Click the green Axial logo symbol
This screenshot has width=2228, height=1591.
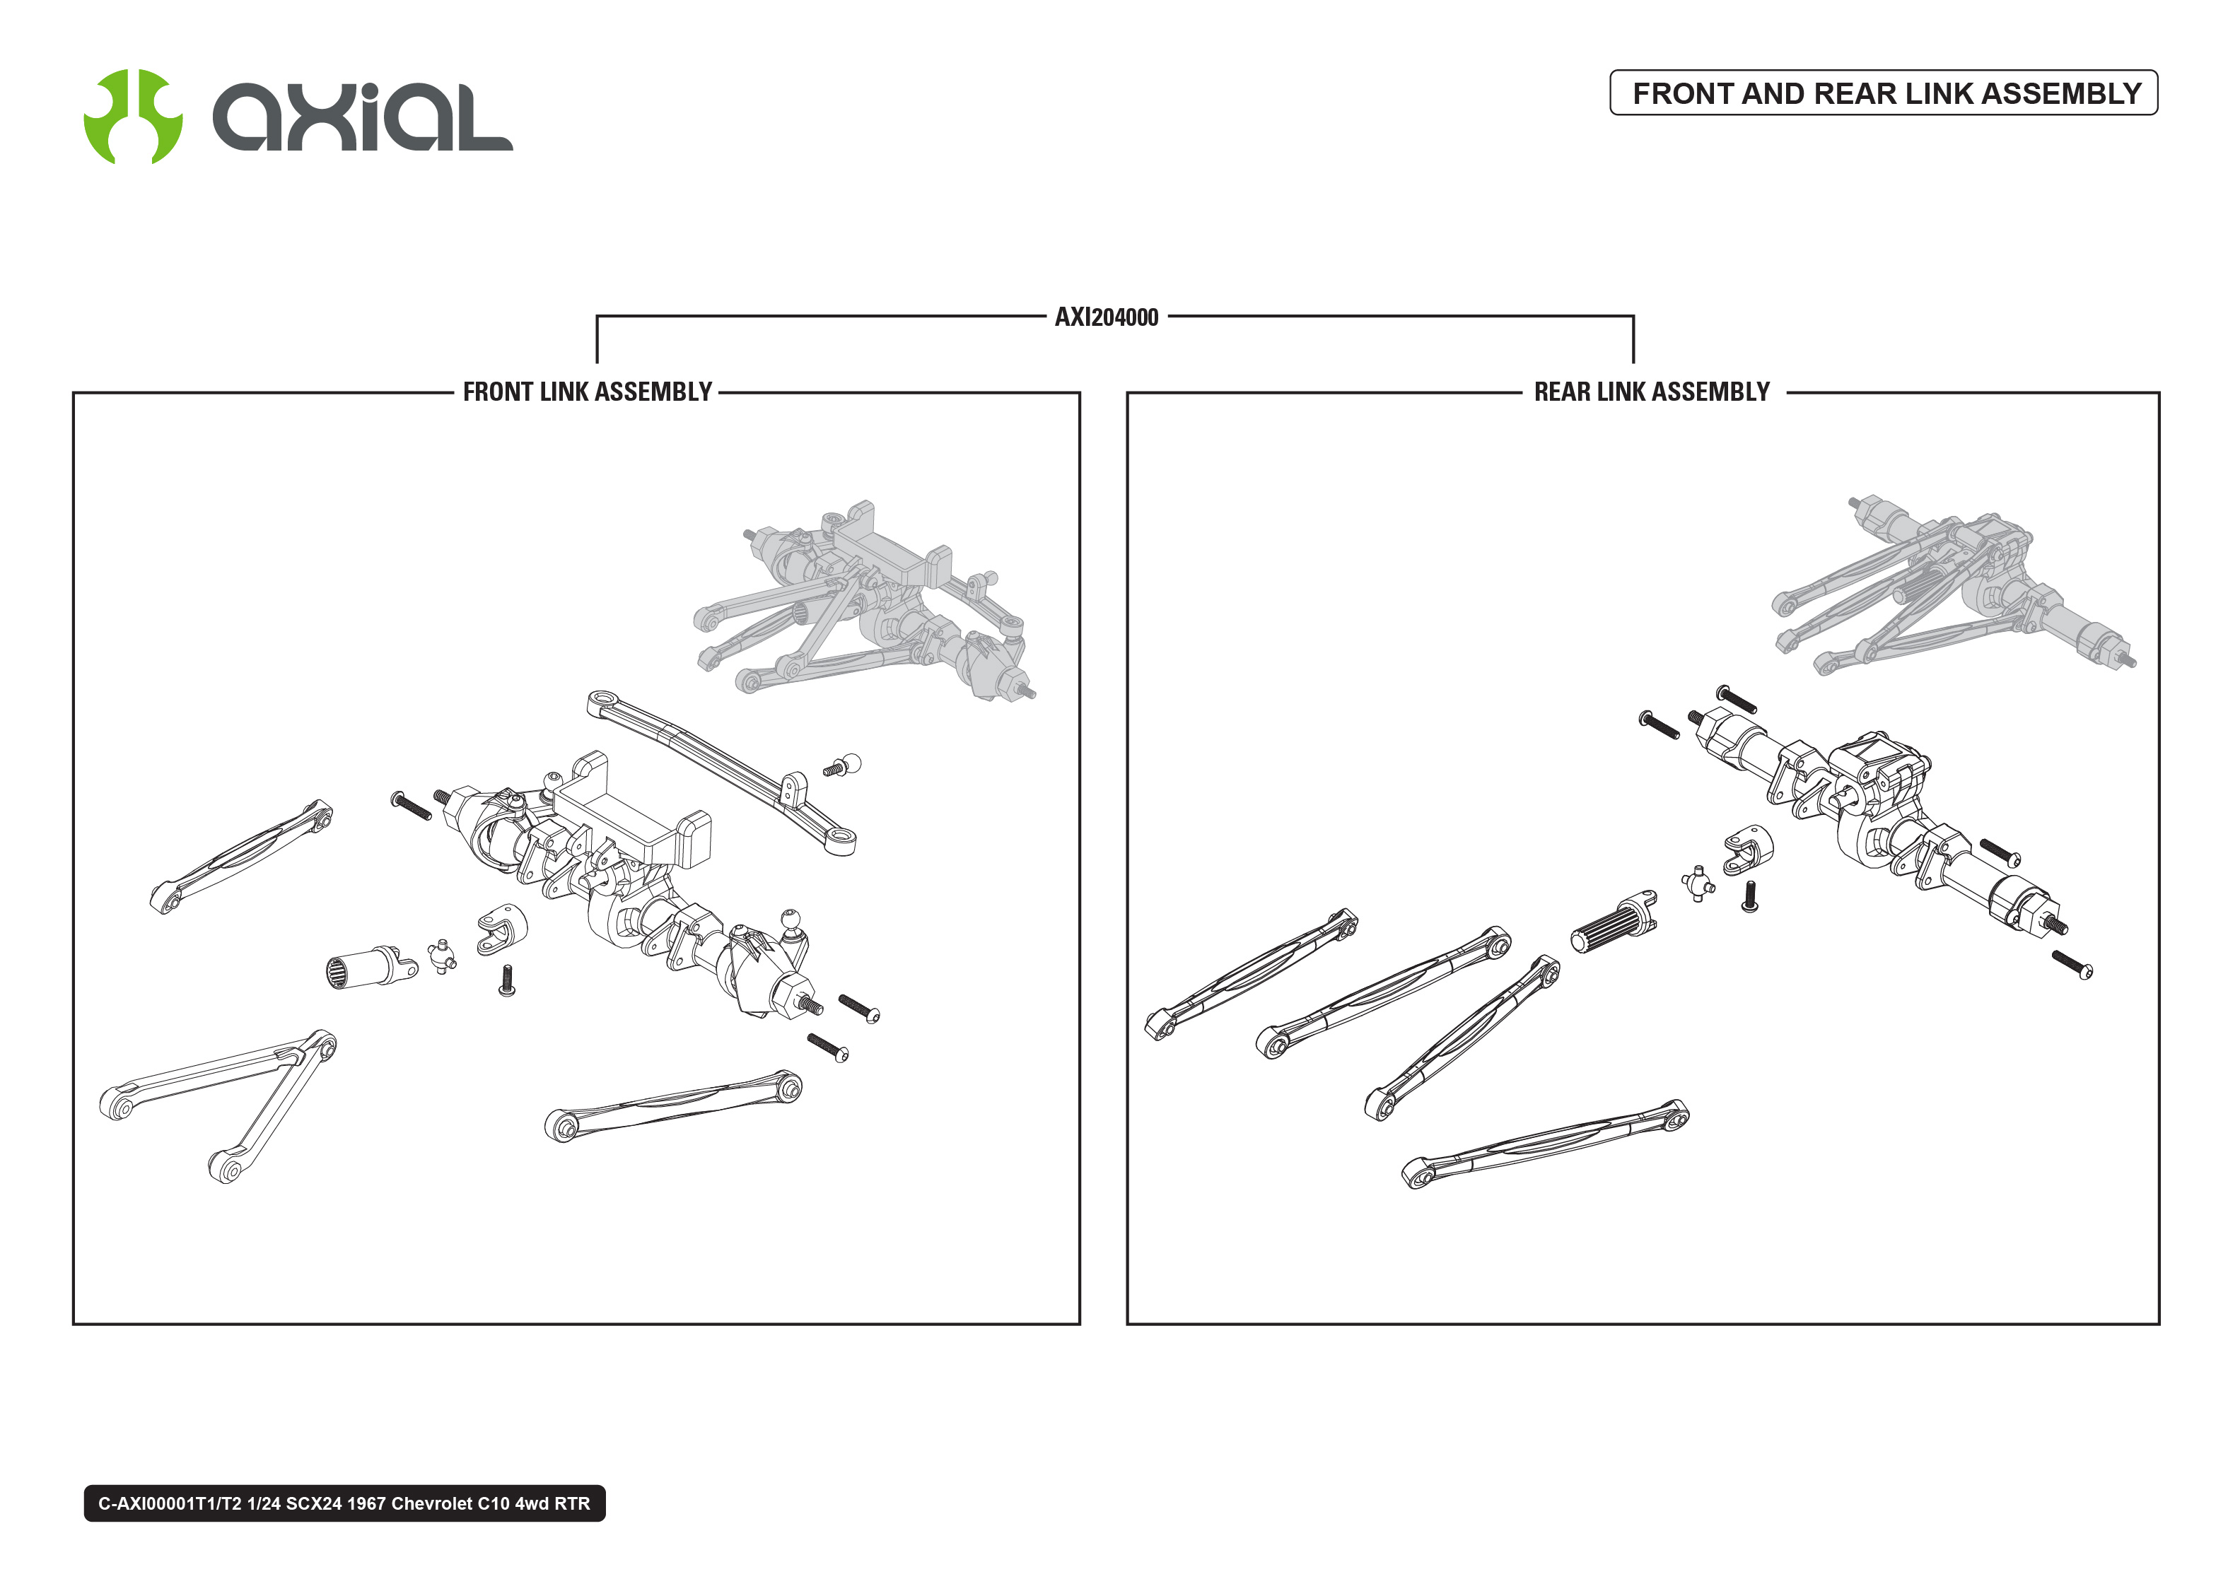(132, 116)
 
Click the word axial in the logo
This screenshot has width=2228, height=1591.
(363, 117)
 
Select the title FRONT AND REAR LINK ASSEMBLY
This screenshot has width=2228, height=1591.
(1885, 93)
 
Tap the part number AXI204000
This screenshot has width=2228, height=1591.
(1106, 317)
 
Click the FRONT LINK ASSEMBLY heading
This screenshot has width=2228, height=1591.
(587, 392)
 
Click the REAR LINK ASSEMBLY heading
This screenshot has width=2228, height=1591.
(1652, 392)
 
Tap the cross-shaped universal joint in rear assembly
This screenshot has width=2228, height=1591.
(1698, 883)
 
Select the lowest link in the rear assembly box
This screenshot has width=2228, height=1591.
(1543, 1144)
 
